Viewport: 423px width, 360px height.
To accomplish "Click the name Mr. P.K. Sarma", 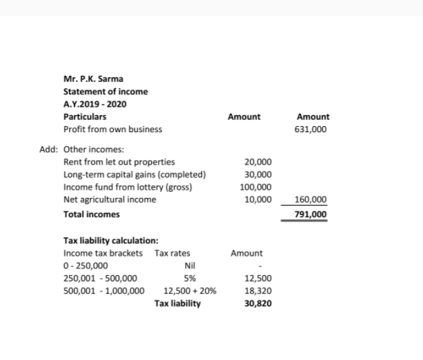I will click(89, 79).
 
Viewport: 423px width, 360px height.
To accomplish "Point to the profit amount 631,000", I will click(311, 129).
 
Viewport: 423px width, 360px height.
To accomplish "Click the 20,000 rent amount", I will click(258, 162).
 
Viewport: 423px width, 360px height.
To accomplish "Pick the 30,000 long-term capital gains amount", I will click(258, 174).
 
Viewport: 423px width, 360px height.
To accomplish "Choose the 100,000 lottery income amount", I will click(256, 187).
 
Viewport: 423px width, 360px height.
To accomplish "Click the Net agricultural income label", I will click(109, 199).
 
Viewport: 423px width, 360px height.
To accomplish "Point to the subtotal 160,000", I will click(311, 199).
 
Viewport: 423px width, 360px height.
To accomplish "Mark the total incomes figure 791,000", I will click(311, 214).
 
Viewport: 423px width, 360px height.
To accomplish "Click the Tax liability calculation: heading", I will click(111, 241).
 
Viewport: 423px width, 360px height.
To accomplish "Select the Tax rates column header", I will click(172, 253).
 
